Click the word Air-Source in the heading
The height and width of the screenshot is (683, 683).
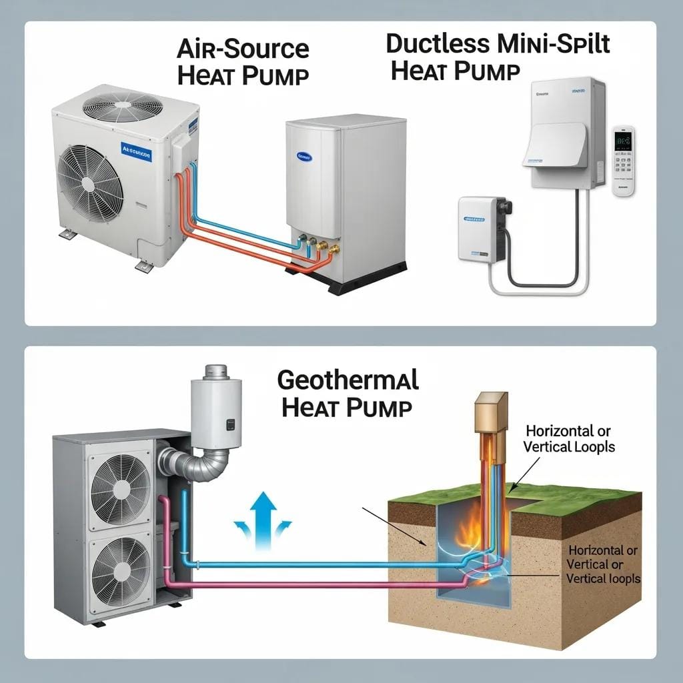243,49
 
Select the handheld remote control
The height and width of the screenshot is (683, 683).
623,160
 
